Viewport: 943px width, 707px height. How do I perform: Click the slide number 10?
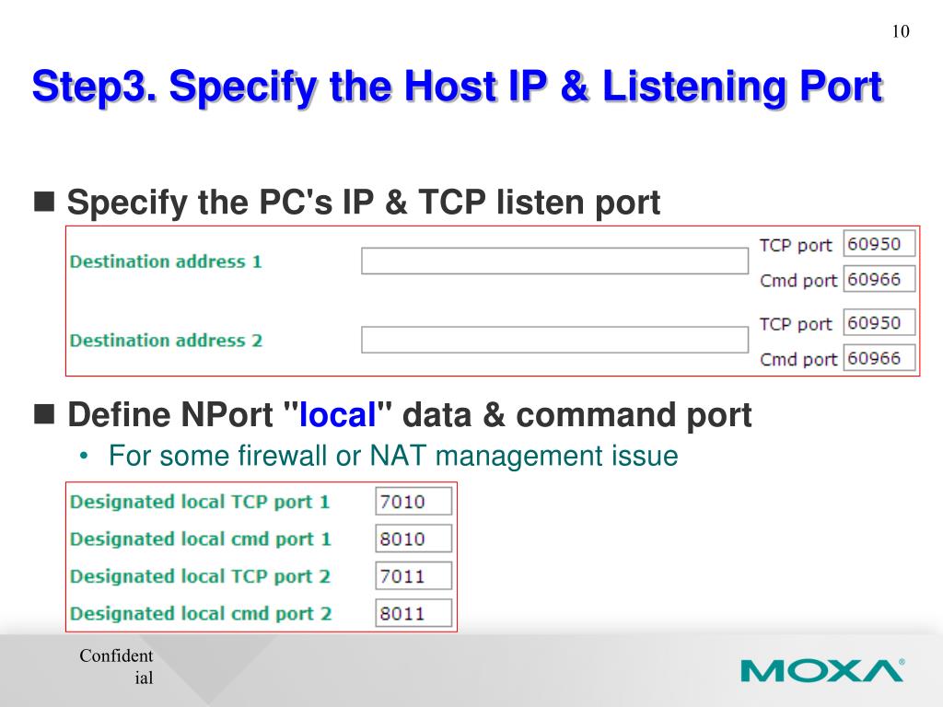pos(900,32)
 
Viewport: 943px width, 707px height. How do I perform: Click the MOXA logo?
pos(822,669)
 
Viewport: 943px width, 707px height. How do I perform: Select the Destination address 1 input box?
pos(554,261)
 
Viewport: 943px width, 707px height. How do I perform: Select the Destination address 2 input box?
pos(554,340)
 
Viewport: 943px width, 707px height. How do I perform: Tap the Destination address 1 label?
pos(166,261)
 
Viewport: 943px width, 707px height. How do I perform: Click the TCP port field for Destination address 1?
pos(879,244)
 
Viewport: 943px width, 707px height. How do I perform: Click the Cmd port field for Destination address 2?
pos(879,358)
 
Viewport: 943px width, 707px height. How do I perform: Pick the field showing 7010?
pos(413,502)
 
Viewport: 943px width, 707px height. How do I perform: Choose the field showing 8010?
pos(413,539)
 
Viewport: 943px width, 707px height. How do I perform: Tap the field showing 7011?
pos(413,576)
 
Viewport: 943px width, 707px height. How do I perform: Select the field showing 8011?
pos(413,613)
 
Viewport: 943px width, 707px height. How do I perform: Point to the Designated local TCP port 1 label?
pos(200,502)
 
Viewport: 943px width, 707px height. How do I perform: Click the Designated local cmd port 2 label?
pos(201,613)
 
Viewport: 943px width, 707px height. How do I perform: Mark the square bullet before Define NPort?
pos(43,414)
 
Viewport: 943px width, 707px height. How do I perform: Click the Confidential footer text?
pos(116,666)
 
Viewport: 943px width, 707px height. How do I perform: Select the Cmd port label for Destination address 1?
pos(797,281)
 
